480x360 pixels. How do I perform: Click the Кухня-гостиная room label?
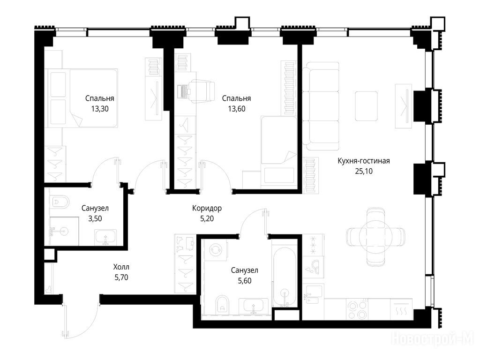(364, 161)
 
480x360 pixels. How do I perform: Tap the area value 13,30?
(100, 109)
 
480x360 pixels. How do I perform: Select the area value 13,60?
(237, 109)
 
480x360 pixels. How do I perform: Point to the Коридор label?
(207, 209)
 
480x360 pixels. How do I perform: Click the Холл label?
(121, 267)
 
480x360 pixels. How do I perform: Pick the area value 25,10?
(364, 171)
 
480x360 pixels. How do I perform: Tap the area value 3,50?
(95, 218)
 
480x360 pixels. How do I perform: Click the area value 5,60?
(245, 281)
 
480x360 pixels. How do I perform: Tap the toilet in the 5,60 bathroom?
(222, 304)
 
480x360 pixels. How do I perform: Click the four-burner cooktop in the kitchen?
(357, 309)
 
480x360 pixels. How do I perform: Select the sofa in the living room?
(321, 106)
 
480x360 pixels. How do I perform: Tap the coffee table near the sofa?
(366, 106)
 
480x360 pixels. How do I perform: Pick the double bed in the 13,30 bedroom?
(82, 97)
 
